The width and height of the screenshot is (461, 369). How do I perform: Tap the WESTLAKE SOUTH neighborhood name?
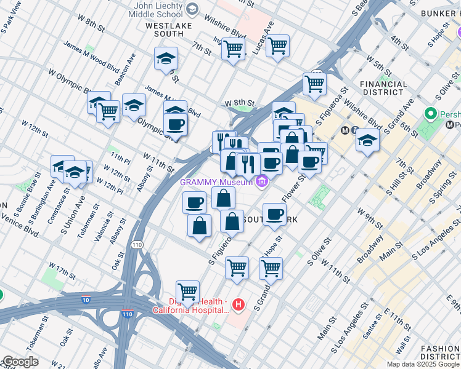pyautogui.click(x=169, y=31)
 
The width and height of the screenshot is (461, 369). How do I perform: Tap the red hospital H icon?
pyautogui.click(x=239, y=304)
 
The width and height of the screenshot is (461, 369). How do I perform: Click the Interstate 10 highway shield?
pyautogui.click(x=86, y=300)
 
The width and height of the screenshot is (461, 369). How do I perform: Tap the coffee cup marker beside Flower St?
pyautogui.click(x=274, y=214)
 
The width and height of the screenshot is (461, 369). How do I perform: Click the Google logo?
pyautogui.click(x=20, y=362)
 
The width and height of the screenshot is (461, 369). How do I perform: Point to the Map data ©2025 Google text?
pyautogui.click(x=422, y=364)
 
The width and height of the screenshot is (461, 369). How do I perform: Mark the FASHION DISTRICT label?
pyautogui.click(x=440, y=352)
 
